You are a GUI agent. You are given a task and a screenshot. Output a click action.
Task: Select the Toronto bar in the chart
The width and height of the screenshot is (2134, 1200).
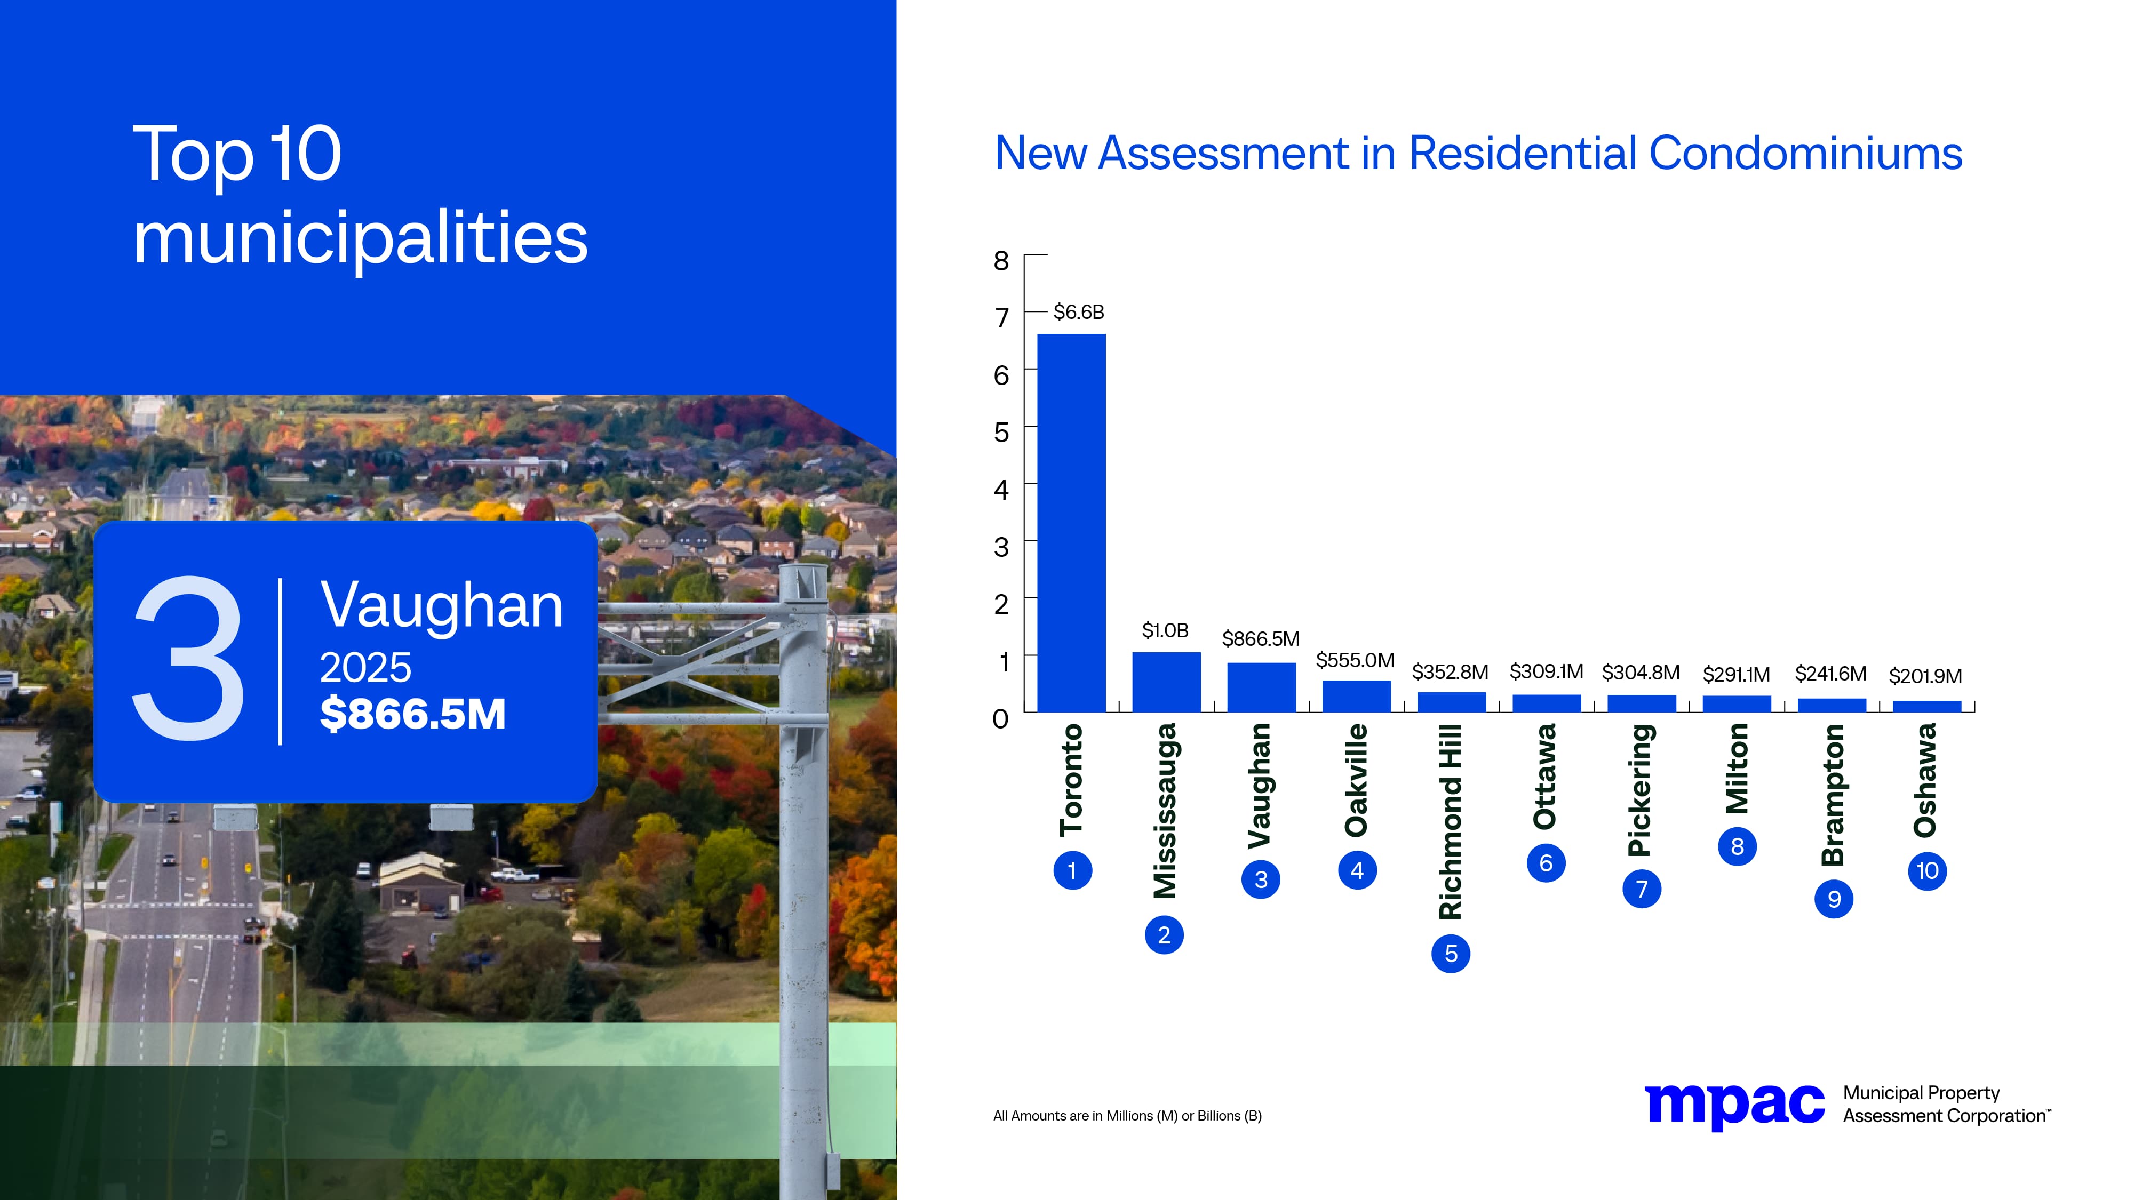click(1071, 522)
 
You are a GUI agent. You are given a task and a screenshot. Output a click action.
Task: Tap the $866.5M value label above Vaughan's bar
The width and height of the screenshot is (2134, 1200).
click(1260, 638)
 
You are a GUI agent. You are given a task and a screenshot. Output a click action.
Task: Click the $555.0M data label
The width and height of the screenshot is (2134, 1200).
click(1355, 660)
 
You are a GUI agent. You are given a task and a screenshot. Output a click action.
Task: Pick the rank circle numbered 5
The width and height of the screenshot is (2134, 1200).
click(1451, 953)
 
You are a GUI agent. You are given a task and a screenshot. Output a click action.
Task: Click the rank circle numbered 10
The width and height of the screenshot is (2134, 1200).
click(1927, 870)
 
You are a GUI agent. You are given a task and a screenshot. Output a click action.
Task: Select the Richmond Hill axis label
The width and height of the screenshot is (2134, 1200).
click(1451, 821)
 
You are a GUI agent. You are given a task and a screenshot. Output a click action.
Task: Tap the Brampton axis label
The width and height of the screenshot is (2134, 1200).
click(1833, 795)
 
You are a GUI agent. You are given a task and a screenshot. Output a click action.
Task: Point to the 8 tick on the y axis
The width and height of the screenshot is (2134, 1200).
click(1001, 261)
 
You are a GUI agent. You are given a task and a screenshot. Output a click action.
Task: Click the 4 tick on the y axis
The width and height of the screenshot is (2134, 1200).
click(1001, 490)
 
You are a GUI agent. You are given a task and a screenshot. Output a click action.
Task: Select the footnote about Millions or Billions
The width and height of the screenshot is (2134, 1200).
click(1127, 1116)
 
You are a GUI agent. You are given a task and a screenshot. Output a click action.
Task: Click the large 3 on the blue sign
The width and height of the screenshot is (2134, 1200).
click(189, 658)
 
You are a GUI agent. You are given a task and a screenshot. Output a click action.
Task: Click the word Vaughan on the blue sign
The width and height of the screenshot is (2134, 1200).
click(442, 605)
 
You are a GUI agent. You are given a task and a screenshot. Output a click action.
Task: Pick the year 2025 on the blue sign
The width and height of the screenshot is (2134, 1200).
click(365, 668)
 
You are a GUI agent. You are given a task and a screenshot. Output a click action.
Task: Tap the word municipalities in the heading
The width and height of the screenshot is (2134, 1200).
click(360, 238)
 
